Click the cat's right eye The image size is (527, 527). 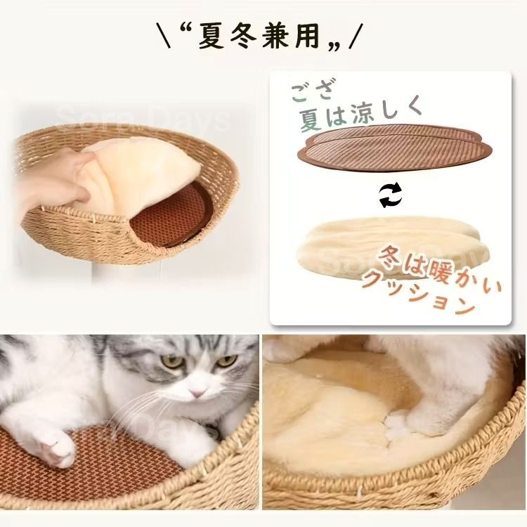tap(226, 360)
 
